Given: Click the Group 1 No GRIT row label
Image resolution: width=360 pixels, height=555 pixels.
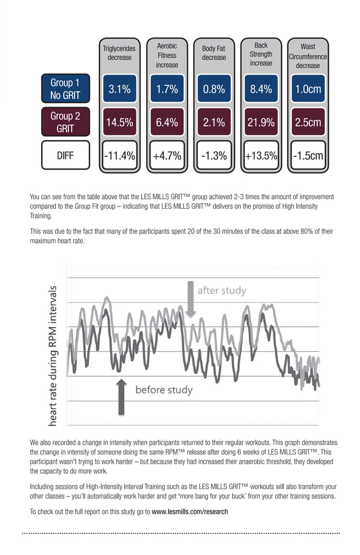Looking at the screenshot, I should coord(65,89).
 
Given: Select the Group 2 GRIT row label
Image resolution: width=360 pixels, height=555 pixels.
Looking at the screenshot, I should coord(65,122).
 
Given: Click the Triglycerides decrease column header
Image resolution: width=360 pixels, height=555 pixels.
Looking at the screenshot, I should coord(119,53).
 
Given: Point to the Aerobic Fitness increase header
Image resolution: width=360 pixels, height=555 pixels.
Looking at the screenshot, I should coord(166,55).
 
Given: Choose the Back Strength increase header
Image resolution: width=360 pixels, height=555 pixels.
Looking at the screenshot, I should coord(261,54).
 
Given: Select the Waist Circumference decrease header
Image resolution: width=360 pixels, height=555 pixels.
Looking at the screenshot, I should coord(308,56).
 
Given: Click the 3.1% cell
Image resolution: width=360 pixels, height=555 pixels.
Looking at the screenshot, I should coord(119,89).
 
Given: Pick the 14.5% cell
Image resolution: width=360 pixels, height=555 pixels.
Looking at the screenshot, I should coord(119,122).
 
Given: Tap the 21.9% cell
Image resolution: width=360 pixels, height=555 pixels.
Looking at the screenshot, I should coord(261,122).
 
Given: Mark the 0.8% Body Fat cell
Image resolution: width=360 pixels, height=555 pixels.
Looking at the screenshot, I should coord(214,89).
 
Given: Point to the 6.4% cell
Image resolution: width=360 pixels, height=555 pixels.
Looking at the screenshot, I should coord(166,122).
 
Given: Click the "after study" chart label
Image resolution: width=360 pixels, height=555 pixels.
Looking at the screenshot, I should coord(221,291).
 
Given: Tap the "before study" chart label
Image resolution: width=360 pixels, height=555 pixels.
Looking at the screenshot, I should coord(164,390).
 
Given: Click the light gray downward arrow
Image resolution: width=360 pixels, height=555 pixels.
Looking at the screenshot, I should coord(190,299).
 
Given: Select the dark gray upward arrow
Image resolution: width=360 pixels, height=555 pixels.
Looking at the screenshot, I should coord(121,397).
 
